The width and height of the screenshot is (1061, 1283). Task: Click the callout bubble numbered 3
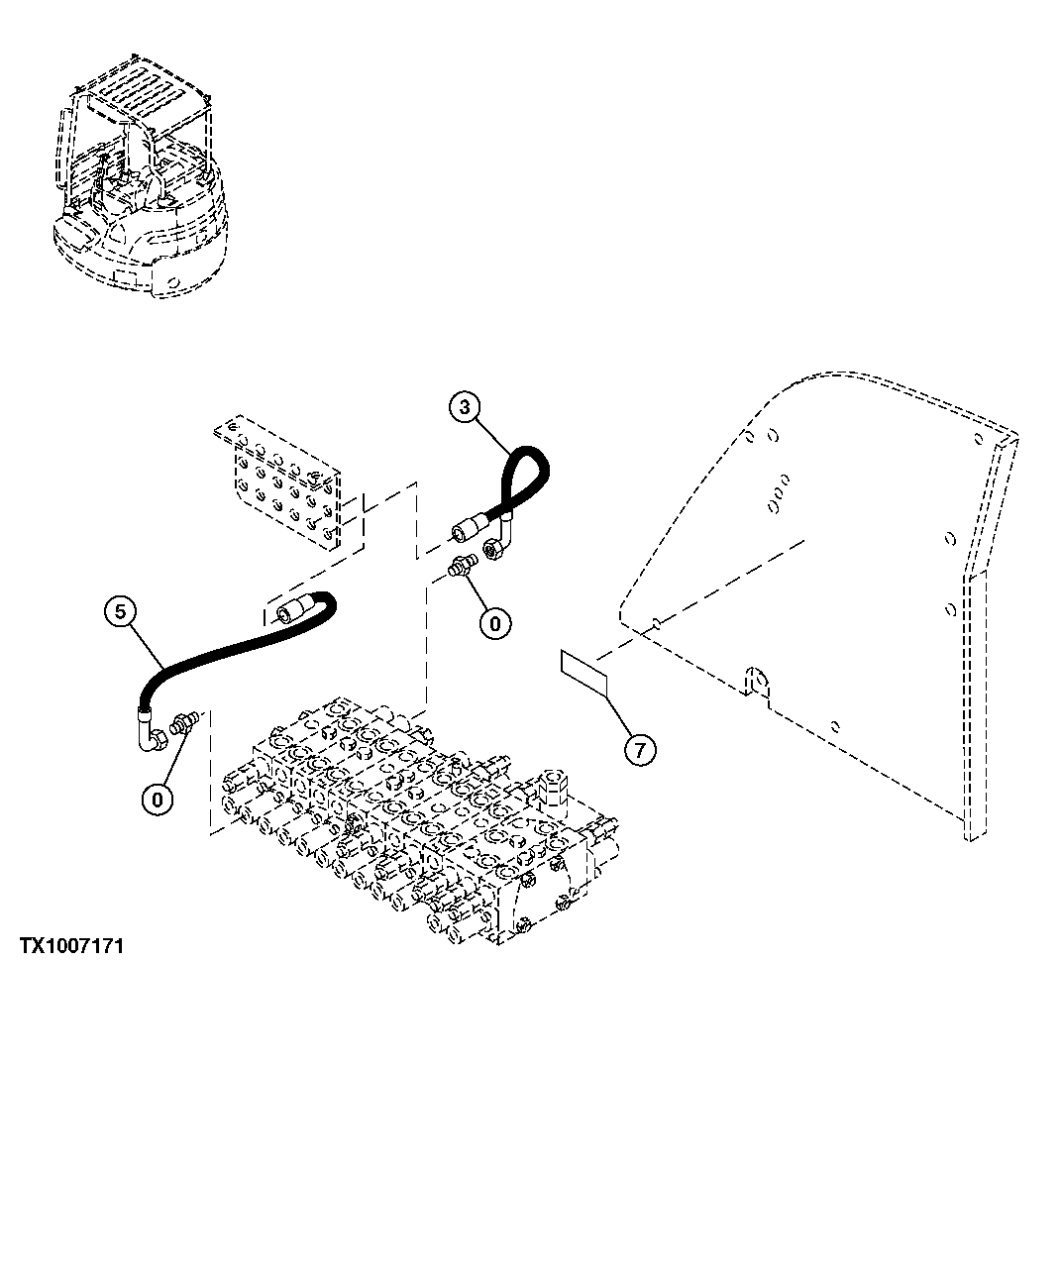point(467,405)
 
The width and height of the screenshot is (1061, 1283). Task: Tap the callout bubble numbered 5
point(120,612)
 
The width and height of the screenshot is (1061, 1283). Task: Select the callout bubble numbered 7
point(639,750)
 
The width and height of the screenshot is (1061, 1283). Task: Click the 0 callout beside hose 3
point(494,622)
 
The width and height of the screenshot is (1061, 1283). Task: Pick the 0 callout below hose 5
point(159,798)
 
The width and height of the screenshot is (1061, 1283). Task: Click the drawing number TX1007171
point(70,947)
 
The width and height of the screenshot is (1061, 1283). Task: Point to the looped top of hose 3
point(530,466)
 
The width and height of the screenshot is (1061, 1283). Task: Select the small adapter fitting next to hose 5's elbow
point(183,723)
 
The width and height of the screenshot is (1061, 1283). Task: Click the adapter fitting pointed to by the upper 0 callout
point(462,569)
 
